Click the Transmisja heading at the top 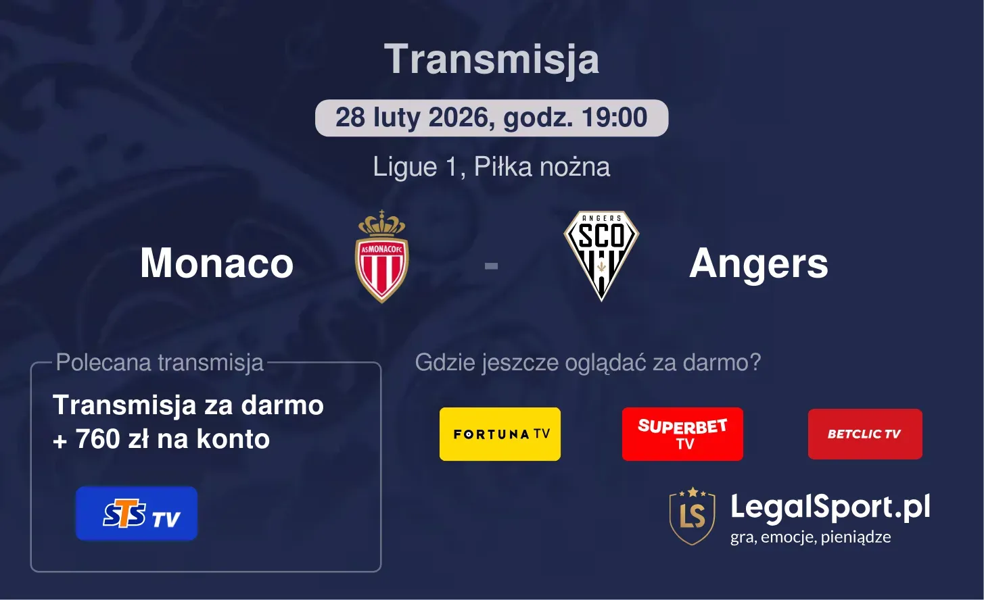coord(492,59)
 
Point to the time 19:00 coord(613,118)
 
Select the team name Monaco coord(216,263)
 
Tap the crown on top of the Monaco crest coord(382,222)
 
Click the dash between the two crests coord(491,266)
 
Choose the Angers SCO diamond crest coord(601,255)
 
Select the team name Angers coord(758,263)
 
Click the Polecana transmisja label coord(160,363)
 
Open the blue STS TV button coord(137,514)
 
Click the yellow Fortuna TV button coord(500,434)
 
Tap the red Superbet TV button coord(682,434)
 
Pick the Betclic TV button coord(865,434)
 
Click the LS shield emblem coord(692,516)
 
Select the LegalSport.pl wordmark coord(830,507)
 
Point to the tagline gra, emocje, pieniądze coord(810,537)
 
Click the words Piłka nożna coord(542,167)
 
